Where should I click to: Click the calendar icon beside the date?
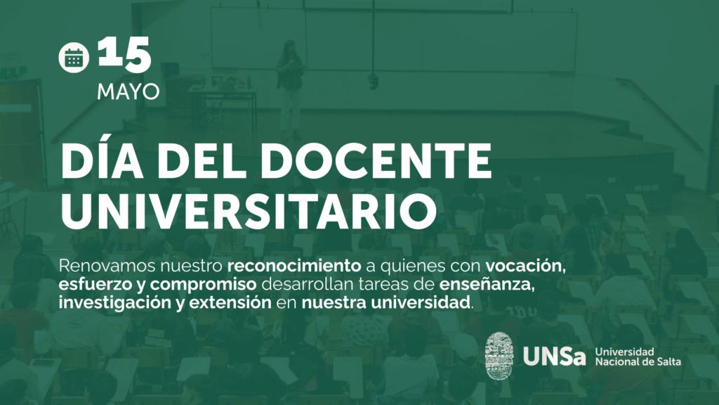73,58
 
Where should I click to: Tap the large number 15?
124,54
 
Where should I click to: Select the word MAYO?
128,92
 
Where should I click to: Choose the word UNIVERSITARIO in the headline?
248,211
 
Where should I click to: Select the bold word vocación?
525,266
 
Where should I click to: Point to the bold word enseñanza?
487,284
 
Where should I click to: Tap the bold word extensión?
230,303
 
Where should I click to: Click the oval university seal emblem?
499,356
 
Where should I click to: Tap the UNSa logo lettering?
555,356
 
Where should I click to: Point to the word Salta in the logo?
668,361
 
